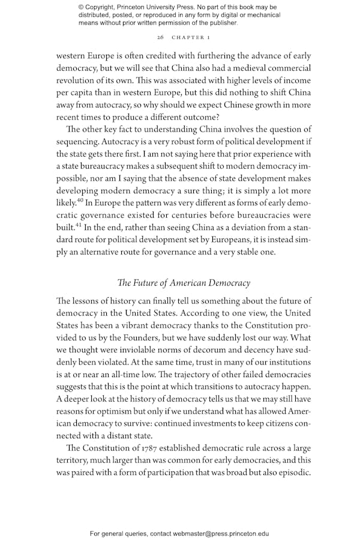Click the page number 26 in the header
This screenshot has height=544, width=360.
160,37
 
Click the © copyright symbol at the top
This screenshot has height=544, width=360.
82,7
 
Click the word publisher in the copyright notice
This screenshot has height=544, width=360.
221,23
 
